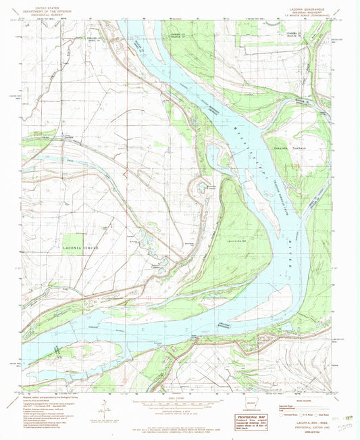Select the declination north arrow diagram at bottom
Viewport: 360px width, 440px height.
[104, 406]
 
